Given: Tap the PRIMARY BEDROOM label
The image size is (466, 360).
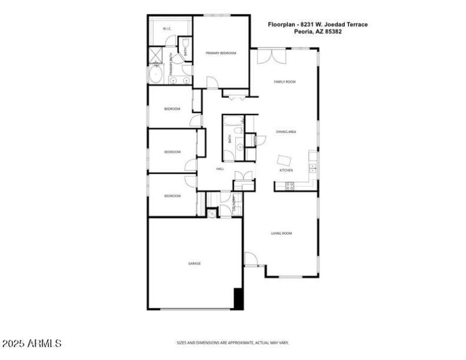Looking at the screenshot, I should coord(221,53).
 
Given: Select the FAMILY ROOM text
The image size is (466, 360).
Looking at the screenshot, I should coord(285,82).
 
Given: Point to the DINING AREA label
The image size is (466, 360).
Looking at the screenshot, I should coord(286,132).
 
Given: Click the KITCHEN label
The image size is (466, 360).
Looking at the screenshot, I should coord(286,170).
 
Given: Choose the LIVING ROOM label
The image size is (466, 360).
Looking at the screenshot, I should coord(281,233).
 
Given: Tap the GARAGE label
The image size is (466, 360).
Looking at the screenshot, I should coord(194,263).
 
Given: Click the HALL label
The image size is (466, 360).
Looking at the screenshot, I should coord(220,169).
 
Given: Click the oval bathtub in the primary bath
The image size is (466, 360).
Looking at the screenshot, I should coord(156,75).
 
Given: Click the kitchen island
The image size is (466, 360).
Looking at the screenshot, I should coord(285,160).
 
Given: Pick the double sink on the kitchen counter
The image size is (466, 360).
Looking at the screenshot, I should coord(312,168).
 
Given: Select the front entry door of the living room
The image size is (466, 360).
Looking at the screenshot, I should coord(251,259).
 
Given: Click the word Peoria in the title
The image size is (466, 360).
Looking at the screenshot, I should coord(303,31).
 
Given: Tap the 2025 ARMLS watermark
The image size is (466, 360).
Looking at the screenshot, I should coord(31,344).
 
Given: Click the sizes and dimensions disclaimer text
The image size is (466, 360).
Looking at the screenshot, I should coord(232,343).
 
